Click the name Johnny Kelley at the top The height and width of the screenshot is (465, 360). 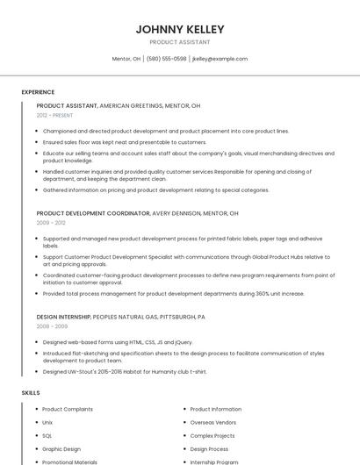point(180,29)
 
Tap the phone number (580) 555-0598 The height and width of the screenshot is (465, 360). point(166,59)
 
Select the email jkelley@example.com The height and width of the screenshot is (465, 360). point(220,59)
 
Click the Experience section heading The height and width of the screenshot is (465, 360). point(38,92)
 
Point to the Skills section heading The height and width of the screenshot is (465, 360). point(31,392)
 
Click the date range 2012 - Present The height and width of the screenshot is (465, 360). point(55,115)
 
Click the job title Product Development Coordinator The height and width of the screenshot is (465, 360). point(93,213)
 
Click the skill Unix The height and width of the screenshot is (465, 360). point(47,422)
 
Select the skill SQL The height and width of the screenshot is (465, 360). point(47,435)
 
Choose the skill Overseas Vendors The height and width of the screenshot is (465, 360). point(213,422)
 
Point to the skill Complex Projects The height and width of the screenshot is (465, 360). point(212,435)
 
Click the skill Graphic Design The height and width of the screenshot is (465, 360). point(61,448)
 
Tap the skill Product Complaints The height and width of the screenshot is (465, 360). point(67,409)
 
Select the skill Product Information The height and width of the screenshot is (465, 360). point(216,409)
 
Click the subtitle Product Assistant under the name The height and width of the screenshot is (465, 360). point(180,41)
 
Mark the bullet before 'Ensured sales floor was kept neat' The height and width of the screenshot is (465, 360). point(38,141)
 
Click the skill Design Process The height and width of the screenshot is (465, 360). point(209,448)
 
